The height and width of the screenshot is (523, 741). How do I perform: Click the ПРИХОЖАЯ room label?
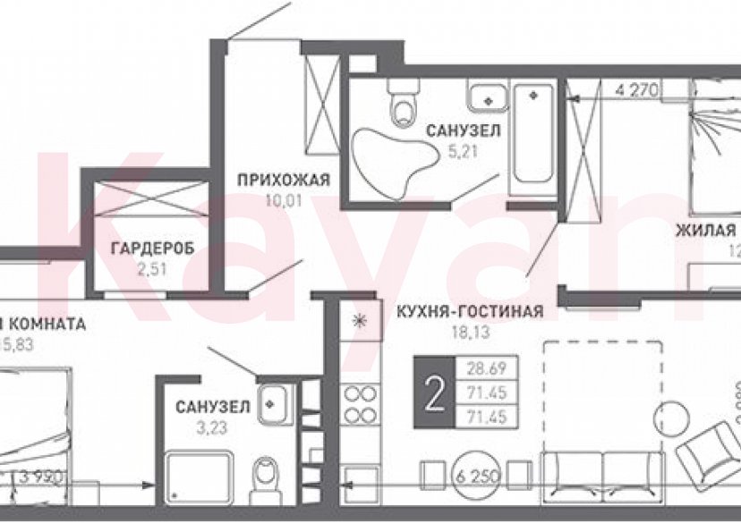point(284,181)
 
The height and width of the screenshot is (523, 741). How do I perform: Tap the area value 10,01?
point(284,200)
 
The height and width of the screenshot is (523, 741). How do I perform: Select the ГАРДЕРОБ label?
point(152,249)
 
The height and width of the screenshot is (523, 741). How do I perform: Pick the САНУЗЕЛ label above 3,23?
point(212,408)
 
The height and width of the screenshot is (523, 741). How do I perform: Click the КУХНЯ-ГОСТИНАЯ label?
point(469,312)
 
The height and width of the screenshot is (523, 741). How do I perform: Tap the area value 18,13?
point(469,332)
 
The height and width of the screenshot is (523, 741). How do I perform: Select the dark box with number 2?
point(434,392)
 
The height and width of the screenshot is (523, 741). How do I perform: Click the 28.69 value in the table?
point(481,367)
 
